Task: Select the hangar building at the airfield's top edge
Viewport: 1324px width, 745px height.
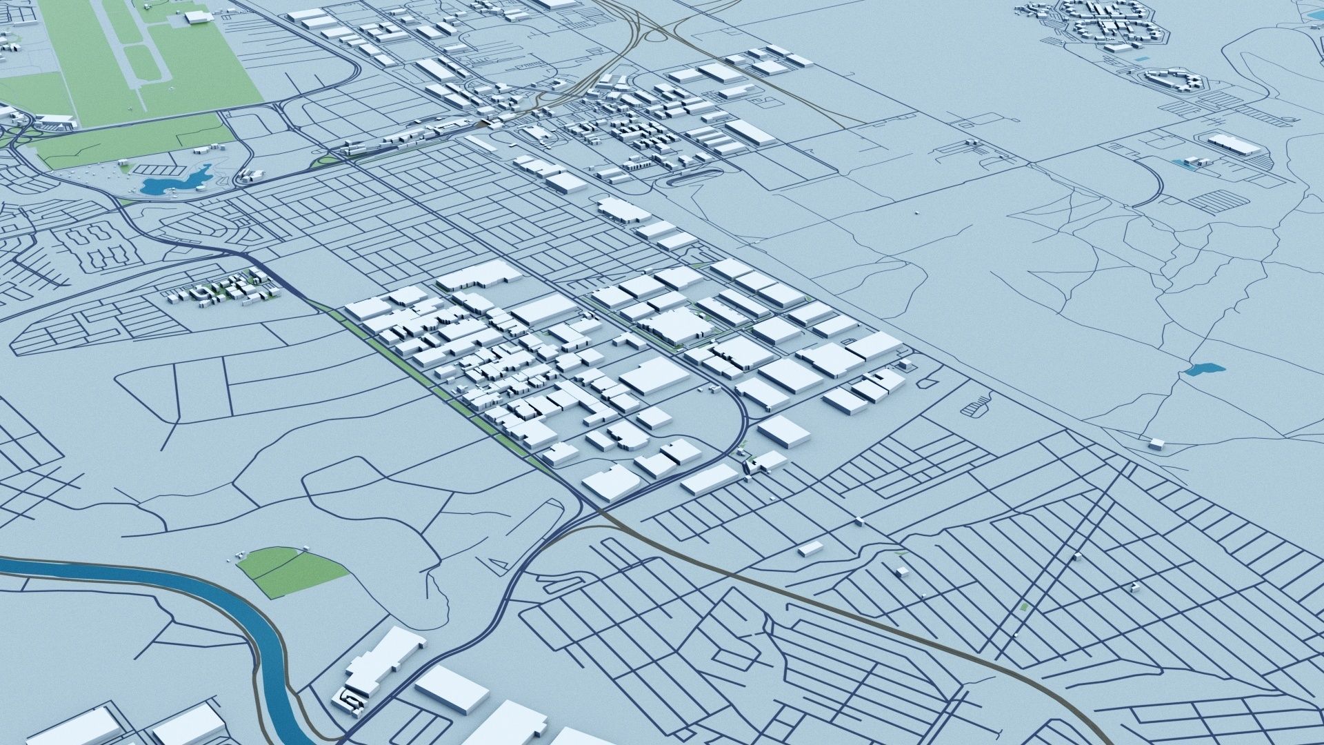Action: click(x=196, y=17)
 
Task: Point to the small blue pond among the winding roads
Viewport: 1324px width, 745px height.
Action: click(x=1204, y=369)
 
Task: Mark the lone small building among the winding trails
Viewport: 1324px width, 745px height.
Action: click(x=1156, y=444)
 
